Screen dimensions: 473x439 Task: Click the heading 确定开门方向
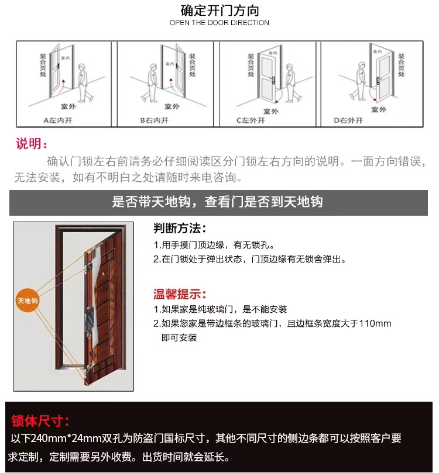pyautogui.click(x=220, y=11)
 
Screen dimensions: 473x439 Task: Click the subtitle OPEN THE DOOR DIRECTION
pyautogui.click(x=220, y=23)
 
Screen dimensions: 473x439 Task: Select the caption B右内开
pyautogui.click(x=154, y=120)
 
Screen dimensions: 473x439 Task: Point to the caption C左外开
pyautogui.click(x=251, y=120)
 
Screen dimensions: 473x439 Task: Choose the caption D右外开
pyautogui.click(x=348, y=120)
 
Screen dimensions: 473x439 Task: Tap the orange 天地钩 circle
pyautogui.click(x=27, y=302)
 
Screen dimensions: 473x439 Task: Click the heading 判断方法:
pyautogui.click(x=180, y=228)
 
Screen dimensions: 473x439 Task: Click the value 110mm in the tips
pyautogui.click(x=375, y=323)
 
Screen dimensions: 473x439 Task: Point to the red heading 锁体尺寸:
pyautogui.click(x=40, y=421)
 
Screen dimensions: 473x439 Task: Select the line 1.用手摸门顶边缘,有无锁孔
pyautogui.click(x=214, y=245)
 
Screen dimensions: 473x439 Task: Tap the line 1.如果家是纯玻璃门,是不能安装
pyautogui.click(x=220, y=309)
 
